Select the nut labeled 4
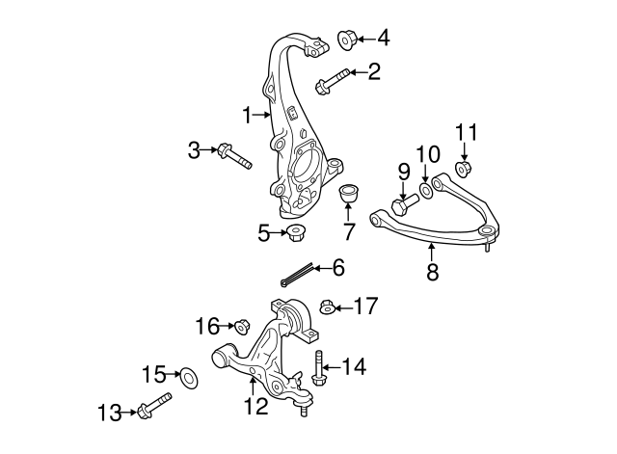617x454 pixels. coord(348,39)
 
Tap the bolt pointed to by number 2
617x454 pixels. coord(330,81)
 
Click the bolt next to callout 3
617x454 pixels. coord(234,155)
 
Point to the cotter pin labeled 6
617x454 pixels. coord(299,276)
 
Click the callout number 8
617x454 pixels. coord(432,273)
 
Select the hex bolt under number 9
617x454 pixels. coord(406,205)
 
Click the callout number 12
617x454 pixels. coord(255,406)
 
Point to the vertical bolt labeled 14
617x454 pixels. coord(319,370)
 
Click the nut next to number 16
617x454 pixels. coord(242,326)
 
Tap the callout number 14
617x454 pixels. coord(354,367)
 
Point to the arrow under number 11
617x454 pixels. coord(463,151)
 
